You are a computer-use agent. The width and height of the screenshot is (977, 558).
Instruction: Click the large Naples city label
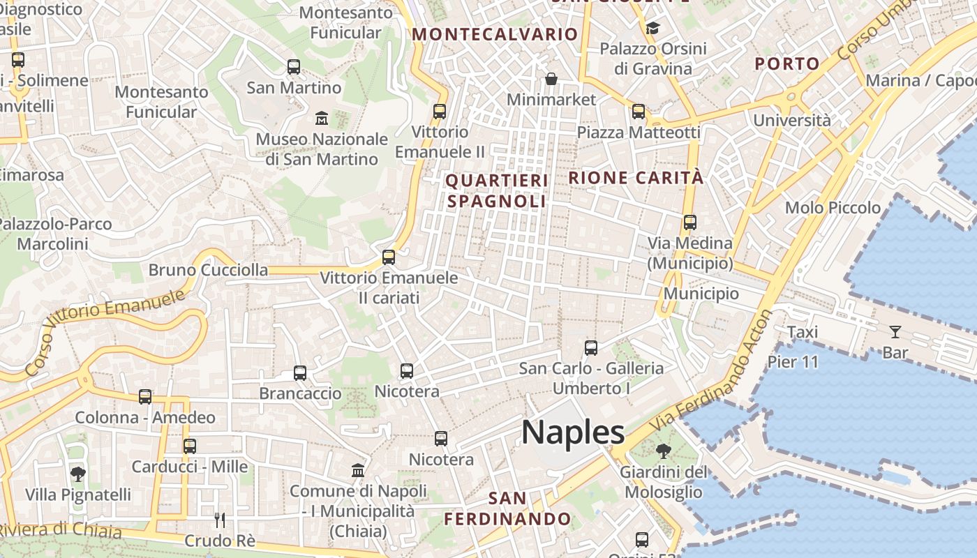[573, 432]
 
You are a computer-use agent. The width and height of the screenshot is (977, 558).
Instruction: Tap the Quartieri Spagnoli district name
[496, 191]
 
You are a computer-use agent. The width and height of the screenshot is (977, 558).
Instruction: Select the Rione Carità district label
[636, 178]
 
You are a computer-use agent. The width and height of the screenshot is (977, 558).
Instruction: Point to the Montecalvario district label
[495, 34]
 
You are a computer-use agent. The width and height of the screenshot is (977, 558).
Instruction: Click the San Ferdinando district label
[507, 508]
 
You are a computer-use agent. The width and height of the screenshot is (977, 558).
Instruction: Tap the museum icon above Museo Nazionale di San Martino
[322, 117]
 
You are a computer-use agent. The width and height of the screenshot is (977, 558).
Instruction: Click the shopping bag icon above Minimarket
[551, 79]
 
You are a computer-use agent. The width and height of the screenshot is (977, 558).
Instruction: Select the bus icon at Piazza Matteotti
[639, 112]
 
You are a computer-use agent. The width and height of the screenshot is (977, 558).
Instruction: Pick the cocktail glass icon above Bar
[895, 332]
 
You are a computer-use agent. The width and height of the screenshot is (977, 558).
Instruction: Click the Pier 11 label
[792, 361]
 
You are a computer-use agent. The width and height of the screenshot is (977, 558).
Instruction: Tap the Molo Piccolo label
[833, 208]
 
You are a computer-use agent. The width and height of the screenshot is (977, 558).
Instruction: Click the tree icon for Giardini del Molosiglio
[663, 451]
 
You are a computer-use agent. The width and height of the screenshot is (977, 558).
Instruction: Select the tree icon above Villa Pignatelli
[78, 475]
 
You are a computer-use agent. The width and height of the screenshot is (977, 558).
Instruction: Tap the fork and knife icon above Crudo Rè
[220, 520]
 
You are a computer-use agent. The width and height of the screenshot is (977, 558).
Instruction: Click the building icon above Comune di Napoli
[358, 470]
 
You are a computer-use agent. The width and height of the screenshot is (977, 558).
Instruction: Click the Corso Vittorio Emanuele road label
[105, 331]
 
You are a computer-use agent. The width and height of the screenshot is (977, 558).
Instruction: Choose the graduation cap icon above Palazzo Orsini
[652, 28]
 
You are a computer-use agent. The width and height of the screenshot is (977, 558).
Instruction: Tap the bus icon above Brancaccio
[300, 373]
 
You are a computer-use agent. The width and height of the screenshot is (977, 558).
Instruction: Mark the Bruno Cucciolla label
[208, 270]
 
